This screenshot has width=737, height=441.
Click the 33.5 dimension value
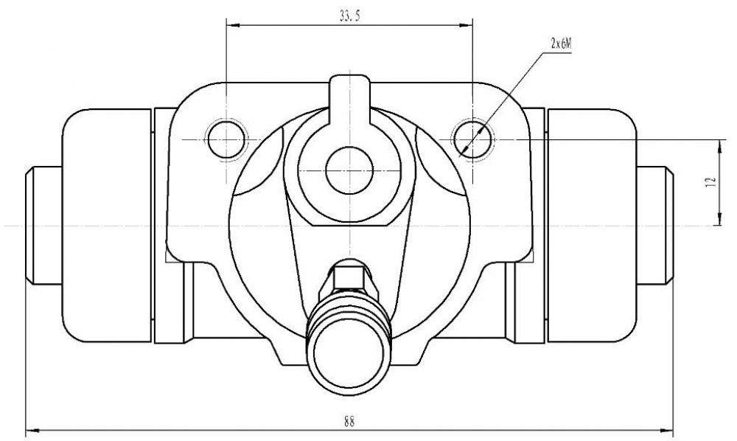click(x=349, y=16)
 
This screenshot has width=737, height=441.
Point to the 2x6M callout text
click(x=561, y=44)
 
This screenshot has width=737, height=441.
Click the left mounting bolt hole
click(x=226, y=139)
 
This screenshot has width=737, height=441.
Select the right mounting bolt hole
click(x=473, y=139)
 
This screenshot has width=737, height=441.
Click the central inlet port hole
click(x=349, y=170)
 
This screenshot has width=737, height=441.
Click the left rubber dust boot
click(x=108, y=226)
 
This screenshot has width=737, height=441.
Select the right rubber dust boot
click(x=593, y=226)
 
